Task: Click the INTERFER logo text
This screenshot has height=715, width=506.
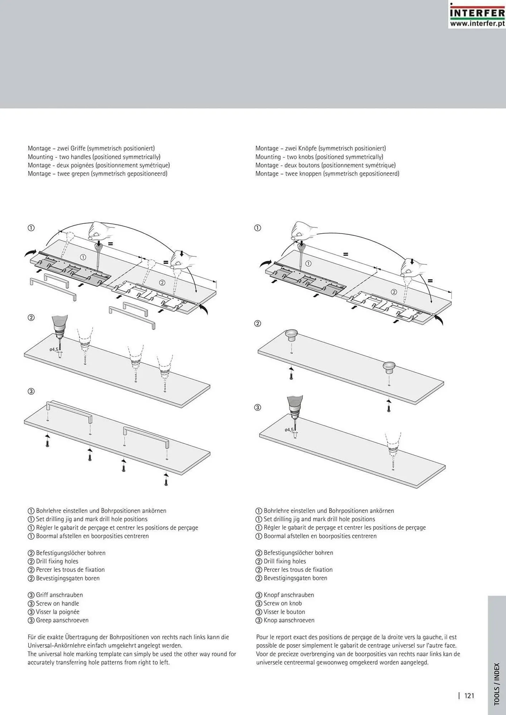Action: [477, 13]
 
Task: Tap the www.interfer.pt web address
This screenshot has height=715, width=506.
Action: [477, 24]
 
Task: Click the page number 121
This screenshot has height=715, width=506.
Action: [469, 695]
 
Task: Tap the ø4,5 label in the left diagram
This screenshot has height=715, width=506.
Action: [54, 349]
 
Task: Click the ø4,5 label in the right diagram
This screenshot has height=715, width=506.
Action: [289, 430]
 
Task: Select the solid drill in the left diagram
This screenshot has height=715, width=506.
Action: [59, 329]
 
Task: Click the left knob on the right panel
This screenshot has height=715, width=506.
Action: [292, 335]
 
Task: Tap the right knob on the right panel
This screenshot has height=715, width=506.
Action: [388, 367]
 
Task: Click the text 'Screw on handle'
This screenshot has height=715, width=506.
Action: [57, 603]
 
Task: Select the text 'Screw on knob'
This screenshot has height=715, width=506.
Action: [282, 603]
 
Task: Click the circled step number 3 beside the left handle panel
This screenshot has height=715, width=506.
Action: [31, 391]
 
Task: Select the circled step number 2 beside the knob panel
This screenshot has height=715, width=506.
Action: [257, 324]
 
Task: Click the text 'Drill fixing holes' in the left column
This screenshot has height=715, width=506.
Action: [57, 561]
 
